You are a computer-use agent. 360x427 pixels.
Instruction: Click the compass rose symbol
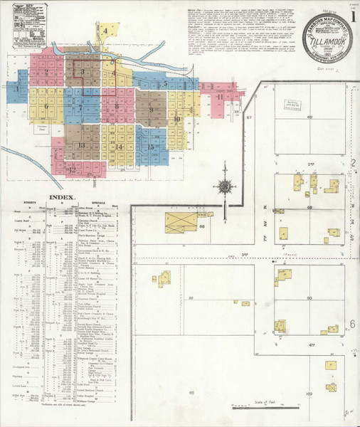224,186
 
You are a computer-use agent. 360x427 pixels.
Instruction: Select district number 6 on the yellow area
46,107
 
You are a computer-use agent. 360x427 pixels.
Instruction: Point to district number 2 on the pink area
46,71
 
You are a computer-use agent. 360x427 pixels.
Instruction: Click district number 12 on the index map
73,169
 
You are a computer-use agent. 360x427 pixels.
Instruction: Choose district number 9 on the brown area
151,110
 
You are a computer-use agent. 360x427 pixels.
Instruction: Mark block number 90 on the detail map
309,297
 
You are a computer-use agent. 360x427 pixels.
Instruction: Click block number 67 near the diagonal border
250,117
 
